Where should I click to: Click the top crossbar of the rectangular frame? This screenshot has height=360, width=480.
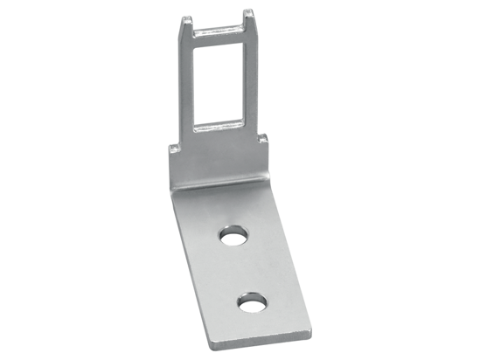pyautogui.click(x=219, y=34)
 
